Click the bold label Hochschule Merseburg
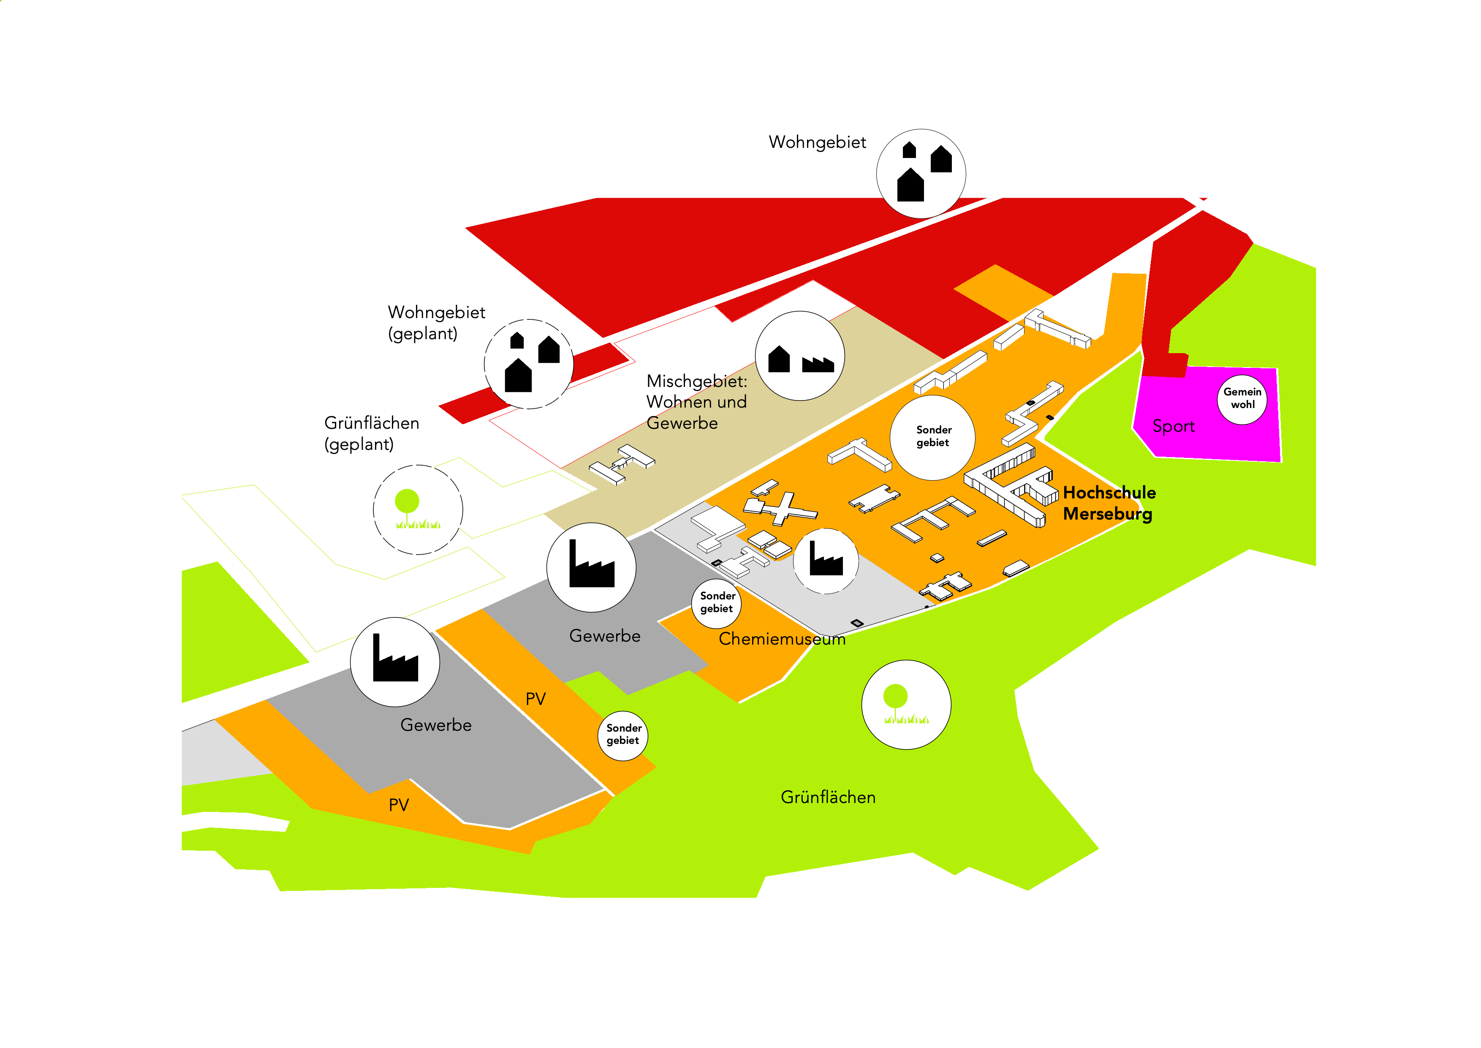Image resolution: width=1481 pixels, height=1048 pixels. coord(1109,504)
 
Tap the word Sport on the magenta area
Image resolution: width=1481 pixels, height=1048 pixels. coord(1173,427)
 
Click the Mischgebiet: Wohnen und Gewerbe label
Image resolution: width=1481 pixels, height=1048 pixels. coord(697,402)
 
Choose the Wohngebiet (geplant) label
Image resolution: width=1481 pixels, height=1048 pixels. coord(436,323)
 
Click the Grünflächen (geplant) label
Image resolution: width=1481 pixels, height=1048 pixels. coord(372,434)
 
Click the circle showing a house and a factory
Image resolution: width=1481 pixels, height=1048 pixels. coord(800,356)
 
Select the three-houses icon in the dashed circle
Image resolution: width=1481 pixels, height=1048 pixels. coord(529,364)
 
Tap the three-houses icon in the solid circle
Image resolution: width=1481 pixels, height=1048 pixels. coord(921,174)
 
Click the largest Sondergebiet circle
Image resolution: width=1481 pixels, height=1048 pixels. coord(933,437)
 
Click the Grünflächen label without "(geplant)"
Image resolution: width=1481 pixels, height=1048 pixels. coord(828,798)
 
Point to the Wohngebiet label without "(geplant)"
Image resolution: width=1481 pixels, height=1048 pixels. coord(817,143)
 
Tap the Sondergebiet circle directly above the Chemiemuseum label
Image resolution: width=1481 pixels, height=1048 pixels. coord(717,603)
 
